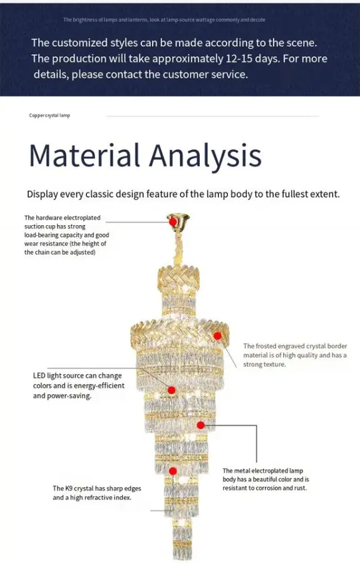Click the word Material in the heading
tap(85, 155)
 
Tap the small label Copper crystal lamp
tap(49, 115)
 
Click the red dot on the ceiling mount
tap(173, 222)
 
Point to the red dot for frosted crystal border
tap(217, 336)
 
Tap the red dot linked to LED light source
tap(172, 390)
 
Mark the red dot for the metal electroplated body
tap(201, 425)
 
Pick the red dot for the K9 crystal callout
tap(173, 471)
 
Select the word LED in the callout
tap(39, 375)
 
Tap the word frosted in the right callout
tap(268, 346)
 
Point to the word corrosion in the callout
tap(266, 488)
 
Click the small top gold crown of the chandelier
tap(178, 278)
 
